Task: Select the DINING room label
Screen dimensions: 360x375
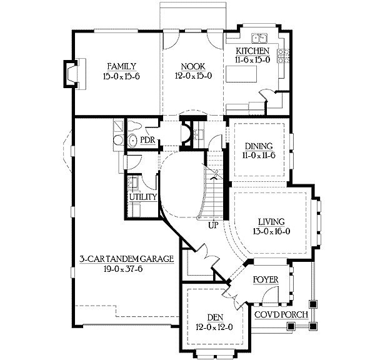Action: [x=257, y=145]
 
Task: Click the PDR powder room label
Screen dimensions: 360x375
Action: [x=148, y=140]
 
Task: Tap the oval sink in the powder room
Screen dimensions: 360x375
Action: [x=132, y=141]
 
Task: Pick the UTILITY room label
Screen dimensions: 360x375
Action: [x=142, y=197]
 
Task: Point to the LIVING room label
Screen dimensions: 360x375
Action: [x=270, y=221]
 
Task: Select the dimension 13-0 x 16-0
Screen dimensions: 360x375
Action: [x=270, y=231]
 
